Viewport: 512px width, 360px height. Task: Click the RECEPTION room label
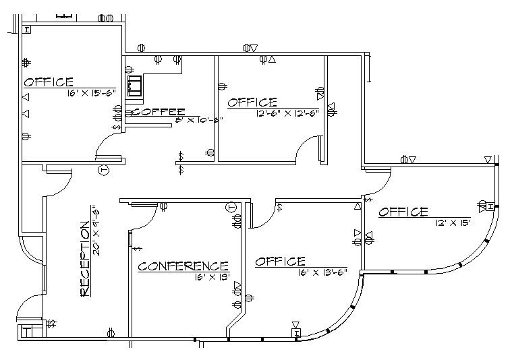click(84, 258)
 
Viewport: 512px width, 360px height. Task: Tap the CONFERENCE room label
click(183, 266)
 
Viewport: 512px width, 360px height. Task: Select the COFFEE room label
click(159, 112)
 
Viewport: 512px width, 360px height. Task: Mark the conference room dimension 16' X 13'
click(212, 276)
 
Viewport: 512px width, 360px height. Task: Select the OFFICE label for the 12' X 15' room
click(403, 212)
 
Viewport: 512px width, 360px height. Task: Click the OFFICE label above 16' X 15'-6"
click(49, 82)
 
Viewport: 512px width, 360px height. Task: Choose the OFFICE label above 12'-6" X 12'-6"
click(252, 102)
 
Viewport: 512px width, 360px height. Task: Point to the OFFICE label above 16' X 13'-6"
click(280, 262)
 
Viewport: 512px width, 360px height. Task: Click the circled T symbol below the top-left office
click(104, 170)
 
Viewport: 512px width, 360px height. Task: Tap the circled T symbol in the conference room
click(231, 207)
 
